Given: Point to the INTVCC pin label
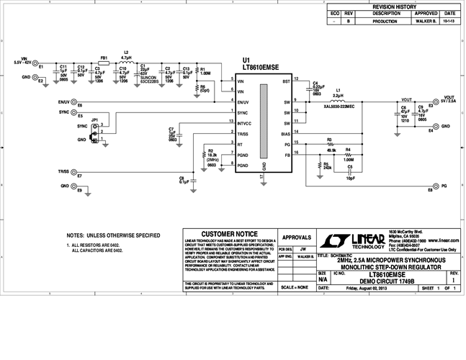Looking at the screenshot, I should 245,124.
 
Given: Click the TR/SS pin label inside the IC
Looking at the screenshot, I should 243,134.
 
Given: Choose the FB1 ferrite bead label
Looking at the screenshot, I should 104,57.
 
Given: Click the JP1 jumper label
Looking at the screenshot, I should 94,120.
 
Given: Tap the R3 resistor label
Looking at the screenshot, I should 329,139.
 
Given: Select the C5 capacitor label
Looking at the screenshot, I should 349,166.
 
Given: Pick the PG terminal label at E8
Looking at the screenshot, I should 444,186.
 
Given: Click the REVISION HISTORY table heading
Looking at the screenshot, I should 393,6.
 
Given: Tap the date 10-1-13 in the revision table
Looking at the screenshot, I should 449,22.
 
